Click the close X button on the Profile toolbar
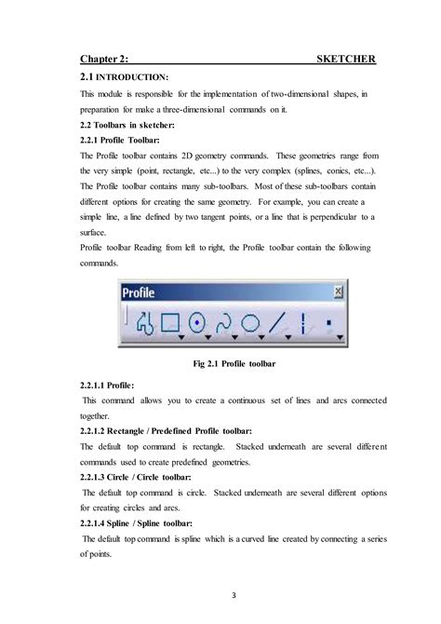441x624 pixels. pyautogui.click(x=336, y=292)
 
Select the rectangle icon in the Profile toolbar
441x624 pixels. pyautogui.click(x=170, y=322)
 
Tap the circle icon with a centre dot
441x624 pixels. pyautogui.click(x=196, y=322)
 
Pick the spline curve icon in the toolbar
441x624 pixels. pyautogui.click(x=223, y=322)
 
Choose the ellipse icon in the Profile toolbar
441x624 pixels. pyautogui.click(x=249, y=322)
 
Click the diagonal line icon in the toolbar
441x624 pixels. pyautogui.click(x=276, y=322)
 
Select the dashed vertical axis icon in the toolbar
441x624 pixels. pyautogui.click(x=303, y=322)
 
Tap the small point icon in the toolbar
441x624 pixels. pyautogui.click(x=329, y=322)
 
